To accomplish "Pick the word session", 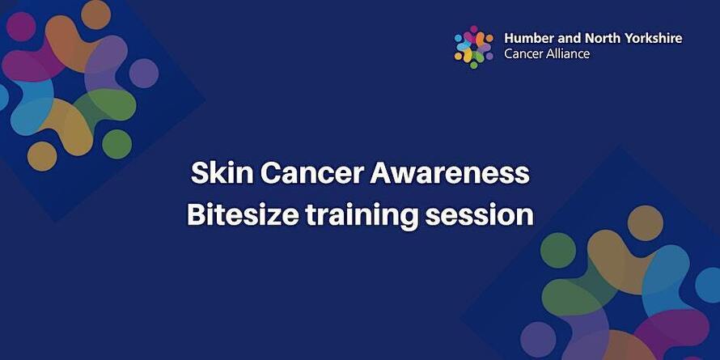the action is click(x=480, y=215).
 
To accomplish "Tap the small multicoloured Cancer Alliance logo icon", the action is click(x=473, y=47).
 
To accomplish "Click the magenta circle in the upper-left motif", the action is click(x=21, y=27).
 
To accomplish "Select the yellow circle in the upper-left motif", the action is click(x=42, y=156).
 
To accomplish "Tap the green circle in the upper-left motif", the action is click(x=116, y=144).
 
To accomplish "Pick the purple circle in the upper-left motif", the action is click(x=144, y=73).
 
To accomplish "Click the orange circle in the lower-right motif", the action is click(x=645, y=223).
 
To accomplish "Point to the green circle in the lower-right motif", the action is click(x=558, y=250).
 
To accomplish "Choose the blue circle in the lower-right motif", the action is click(x=709, y=285).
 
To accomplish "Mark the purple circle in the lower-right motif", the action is click(x=538, y=339).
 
